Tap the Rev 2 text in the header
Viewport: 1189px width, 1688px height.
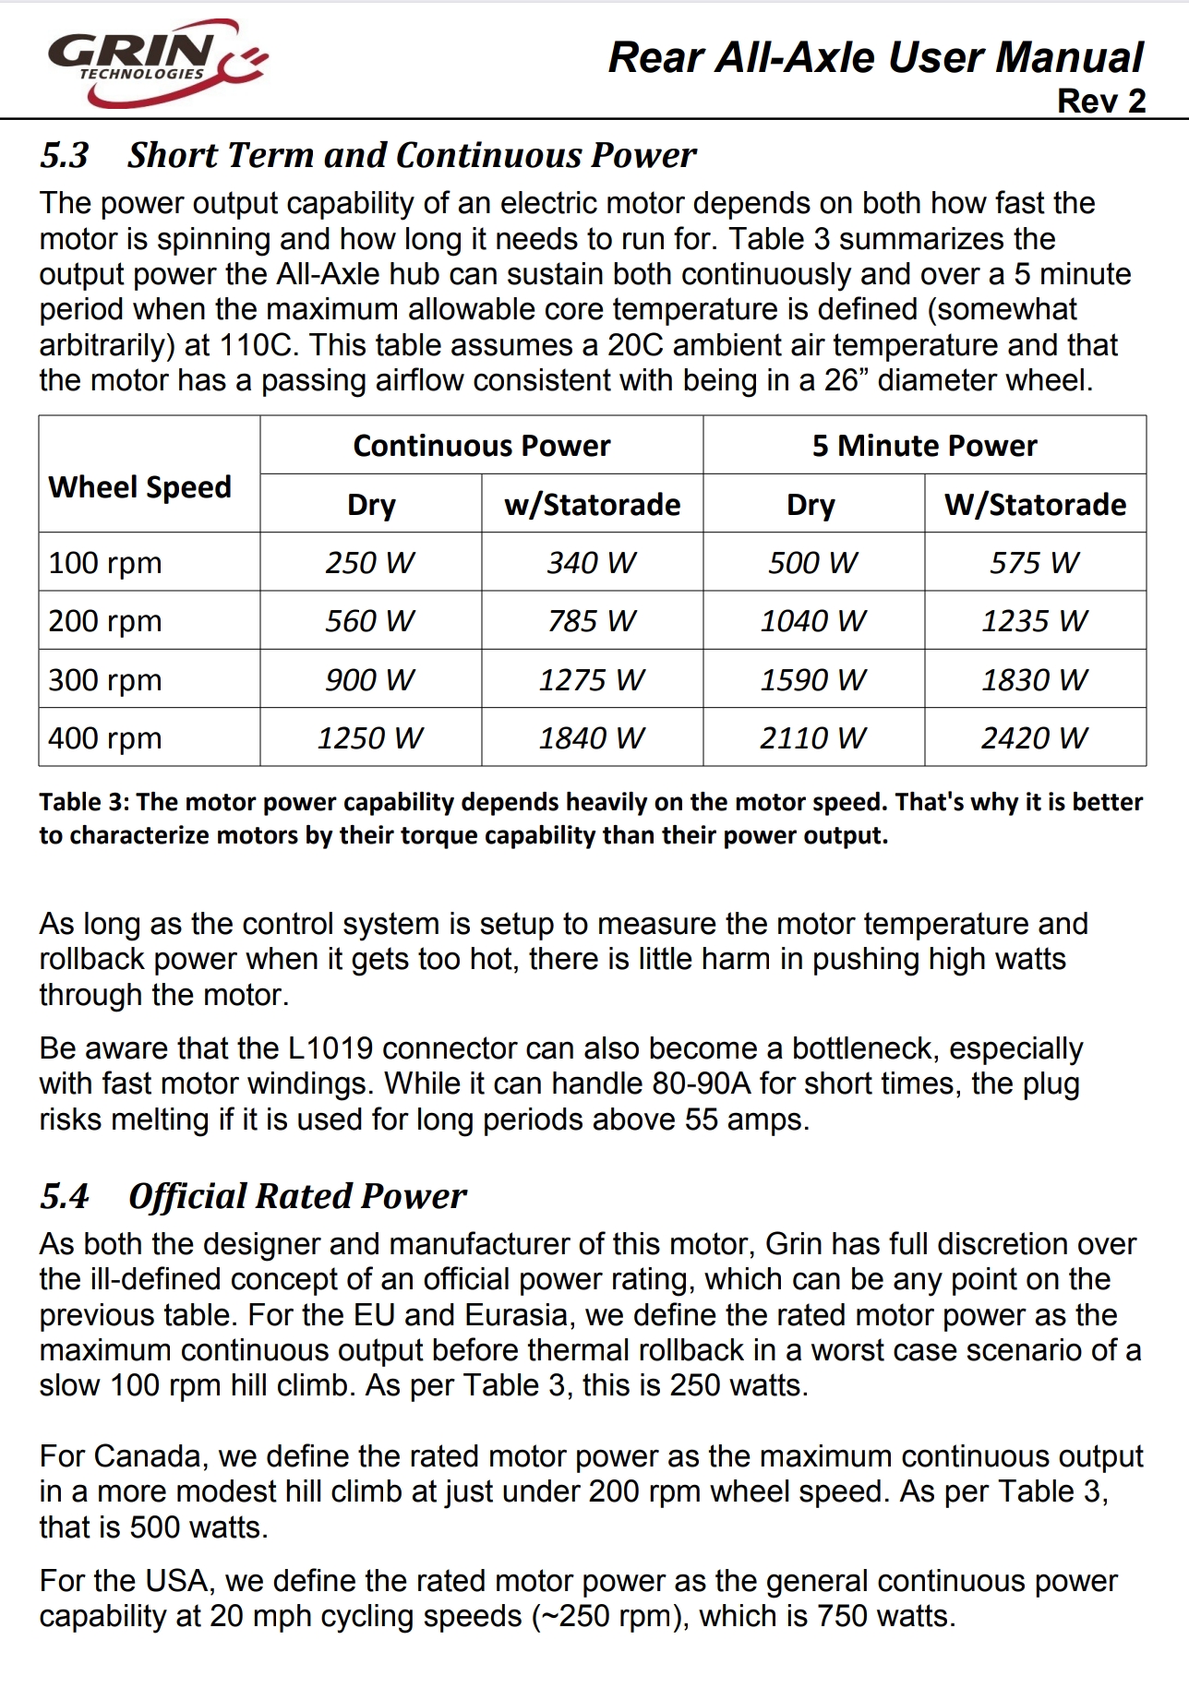coord(1100,101)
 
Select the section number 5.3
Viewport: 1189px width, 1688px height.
coord(64,155)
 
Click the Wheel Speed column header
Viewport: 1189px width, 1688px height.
coord(139,486)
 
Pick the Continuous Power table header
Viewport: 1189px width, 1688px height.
coord(481,446)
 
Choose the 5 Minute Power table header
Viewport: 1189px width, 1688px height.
coord(924,446)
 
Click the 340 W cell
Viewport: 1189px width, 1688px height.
coord(592,562)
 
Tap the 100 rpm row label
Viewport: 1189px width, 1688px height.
coord(105,562)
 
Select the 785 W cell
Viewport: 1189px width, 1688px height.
coord(592,620)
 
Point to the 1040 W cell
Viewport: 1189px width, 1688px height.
coord(813,620)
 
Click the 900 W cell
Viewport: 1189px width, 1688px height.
coord(370,679)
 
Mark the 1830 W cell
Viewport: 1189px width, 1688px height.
coord(1035,679)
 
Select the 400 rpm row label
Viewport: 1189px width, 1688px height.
coord(105,737)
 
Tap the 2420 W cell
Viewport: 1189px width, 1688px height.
coord(1035,737)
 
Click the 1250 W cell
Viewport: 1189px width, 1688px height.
coord(370,737)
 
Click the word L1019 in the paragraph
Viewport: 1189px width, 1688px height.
coord(330,1048)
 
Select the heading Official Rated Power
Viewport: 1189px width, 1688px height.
coord(297,1196)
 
